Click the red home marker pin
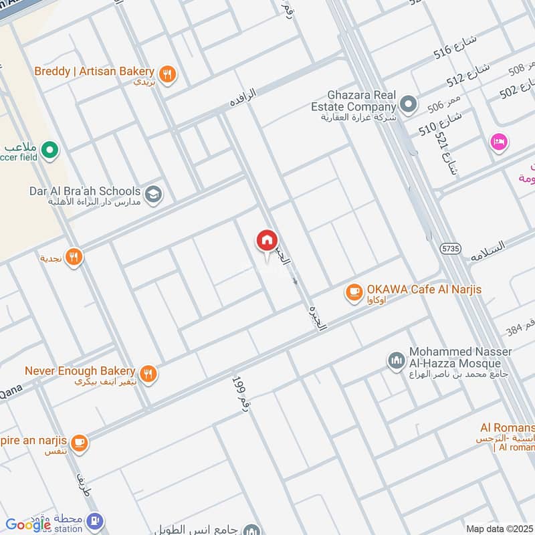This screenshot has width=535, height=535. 266,240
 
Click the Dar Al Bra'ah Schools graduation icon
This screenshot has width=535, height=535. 154,194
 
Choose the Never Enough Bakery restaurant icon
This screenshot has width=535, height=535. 149,374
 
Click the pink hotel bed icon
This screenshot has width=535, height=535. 499,142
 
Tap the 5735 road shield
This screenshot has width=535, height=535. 451,248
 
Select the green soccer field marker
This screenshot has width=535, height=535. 48,151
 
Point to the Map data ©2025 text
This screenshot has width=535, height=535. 499,528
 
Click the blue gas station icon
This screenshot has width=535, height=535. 96,520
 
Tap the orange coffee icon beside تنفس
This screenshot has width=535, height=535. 80,442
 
